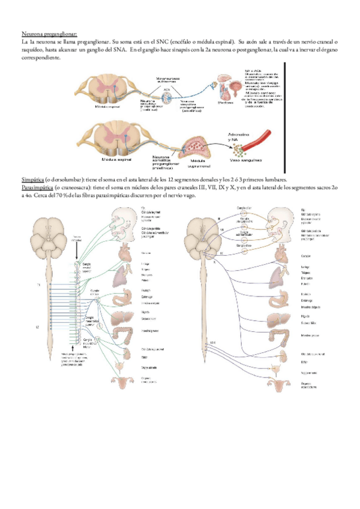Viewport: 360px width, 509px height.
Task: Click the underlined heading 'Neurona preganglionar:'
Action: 49,34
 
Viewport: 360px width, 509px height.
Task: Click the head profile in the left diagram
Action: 124,222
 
